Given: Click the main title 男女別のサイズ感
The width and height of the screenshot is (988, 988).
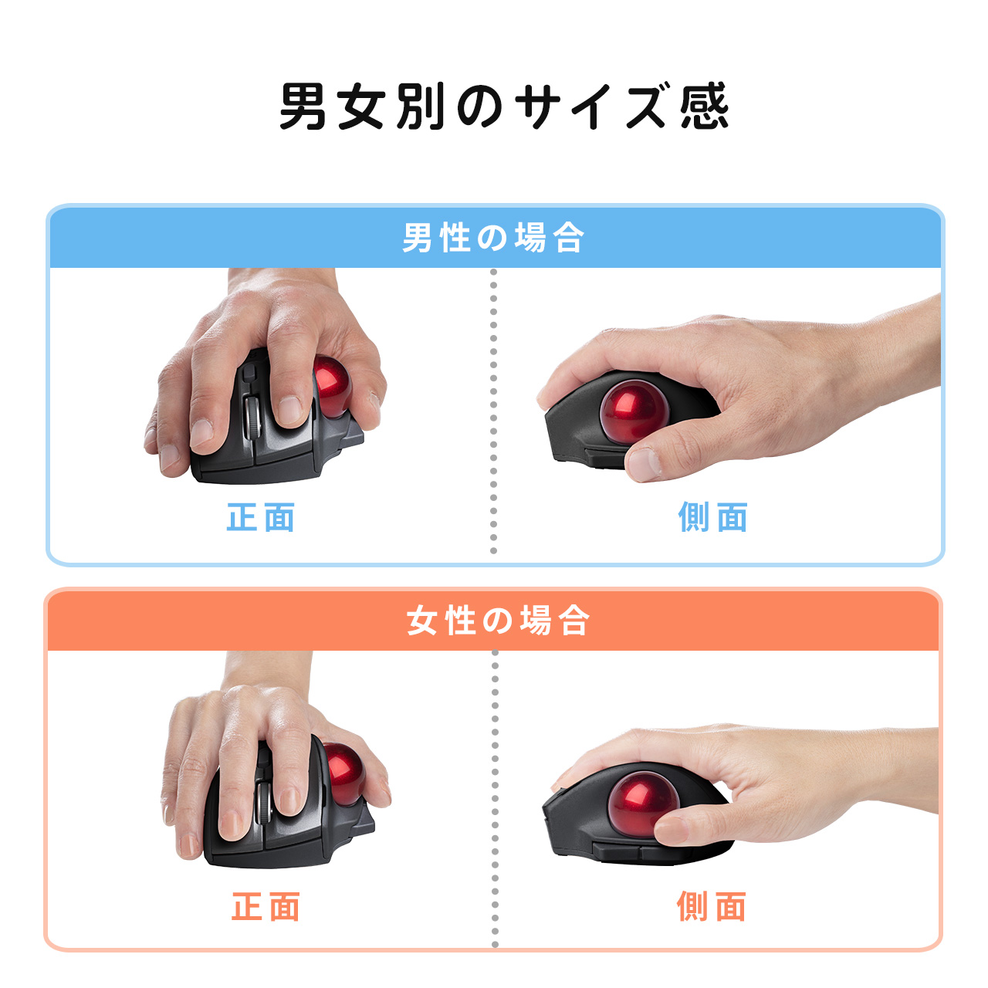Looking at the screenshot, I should pyautogui.click(x=503, y=107).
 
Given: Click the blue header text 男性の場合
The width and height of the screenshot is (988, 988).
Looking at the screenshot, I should pyautogui.click(x=493, y=238).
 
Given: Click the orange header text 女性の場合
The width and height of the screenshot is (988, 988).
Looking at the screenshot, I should pyautogui.click(x=498, y=621).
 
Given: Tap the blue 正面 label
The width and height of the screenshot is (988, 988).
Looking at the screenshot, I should pyautogui.click(x=261, y=517).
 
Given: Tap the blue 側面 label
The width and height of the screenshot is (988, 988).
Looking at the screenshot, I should pyautogui.click(x=712, y=517).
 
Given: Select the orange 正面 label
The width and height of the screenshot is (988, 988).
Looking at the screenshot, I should pyautogui.click(x=266, y=907).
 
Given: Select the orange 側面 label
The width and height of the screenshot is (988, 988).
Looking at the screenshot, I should pyautogui.click(x=711, y=907).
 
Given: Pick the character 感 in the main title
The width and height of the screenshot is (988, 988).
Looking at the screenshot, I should pyautogui.click(x=704, y=107).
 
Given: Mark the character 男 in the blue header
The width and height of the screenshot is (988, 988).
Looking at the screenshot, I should pyautogui.click(x=417, y=238).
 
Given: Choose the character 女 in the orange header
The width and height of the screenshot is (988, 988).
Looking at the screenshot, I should pyautogui.click(x=422, y=621).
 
